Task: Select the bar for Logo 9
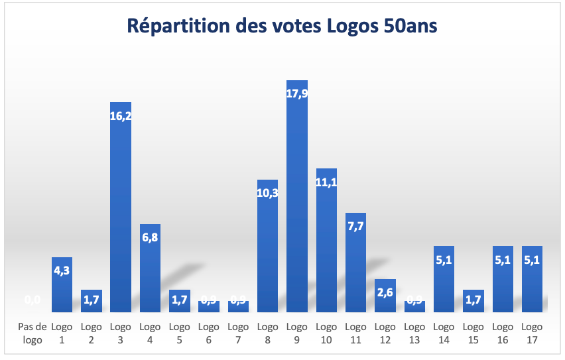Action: pyautogui.click(x=297, y=212)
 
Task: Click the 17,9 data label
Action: pyautogui.click(x=297, y=93)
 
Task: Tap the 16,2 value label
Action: pyautogui.click(x=121, y=115)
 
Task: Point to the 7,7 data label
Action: pyautogui.click(x=355, y=226)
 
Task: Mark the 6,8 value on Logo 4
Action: pyautogui.click(x=150, y=237)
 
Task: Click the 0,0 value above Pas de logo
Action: pyautogui.click(x=32, y=300)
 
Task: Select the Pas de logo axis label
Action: pyautogui.click(x=32, y=333)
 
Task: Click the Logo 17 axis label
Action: pyautogui.click(x=532, y=333)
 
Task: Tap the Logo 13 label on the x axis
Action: pyautogui.click(x=414, y=333)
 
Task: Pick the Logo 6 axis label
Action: pyautogui.click(x=209, y=333)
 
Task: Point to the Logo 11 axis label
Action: pyautogui.click(x=355, y=333)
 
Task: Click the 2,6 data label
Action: pyautogui.click(x=385, y=292)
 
